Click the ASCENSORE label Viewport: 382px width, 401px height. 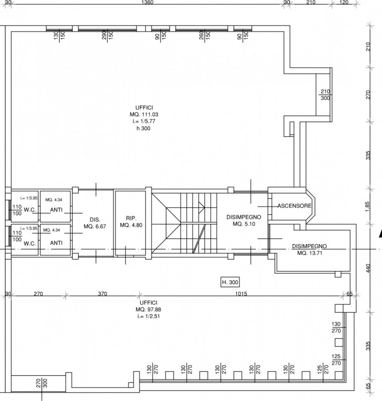tap(295, 206)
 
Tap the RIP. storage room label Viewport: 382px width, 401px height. tap(131, 219)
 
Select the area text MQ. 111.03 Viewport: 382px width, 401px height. tap(144, 115)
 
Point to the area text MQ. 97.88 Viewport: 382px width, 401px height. tap(149, 309)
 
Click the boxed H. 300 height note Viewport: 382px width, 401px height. tap(230, 282)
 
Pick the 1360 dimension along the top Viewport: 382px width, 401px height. tap(147, 3)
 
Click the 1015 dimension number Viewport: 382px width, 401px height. tap(241, 294)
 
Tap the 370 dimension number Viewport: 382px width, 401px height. tap(102, 294)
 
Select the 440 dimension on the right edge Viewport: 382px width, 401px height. tap(368, 268)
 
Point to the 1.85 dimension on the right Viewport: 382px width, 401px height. tap(367, 207)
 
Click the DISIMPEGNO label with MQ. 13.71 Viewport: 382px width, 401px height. tap(310, 246)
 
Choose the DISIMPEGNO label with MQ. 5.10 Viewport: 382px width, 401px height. tap(244, 217)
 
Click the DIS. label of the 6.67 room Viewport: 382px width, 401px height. tap(95, 220)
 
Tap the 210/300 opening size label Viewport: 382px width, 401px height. tap(325, 95)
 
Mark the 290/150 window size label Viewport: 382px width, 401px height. tap(107, 35)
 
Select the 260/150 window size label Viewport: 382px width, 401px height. tap(204, 35)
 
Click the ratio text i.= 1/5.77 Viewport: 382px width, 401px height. tap(144, 121)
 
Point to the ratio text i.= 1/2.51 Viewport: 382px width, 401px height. tap(149, 316)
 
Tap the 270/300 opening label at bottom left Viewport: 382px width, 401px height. tap(42, 383)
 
